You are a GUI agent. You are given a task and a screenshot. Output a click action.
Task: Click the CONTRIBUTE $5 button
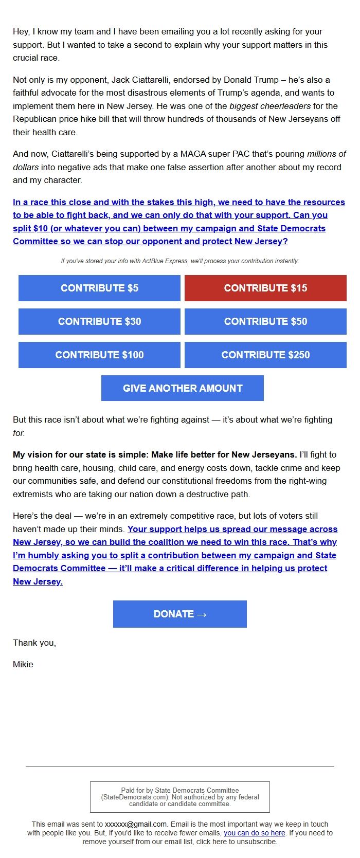(x=99, y=288)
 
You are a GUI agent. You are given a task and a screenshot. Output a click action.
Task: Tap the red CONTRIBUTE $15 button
(x=265, y=288)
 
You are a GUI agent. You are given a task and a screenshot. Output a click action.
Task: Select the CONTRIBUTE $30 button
(x=99, y=321)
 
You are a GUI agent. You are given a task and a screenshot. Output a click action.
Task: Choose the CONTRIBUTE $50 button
(x=265, y=321)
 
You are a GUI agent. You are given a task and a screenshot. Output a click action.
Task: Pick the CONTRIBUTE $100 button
(x=99, y=355)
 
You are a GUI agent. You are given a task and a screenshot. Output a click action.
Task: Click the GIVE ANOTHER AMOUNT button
(x=183, y=388)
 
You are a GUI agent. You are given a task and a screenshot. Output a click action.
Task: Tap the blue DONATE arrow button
(x=180, y=614)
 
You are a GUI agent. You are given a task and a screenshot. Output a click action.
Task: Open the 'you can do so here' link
(x=254, y=832)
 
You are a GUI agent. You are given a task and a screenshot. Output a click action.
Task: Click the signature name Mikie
(x=23, y=664)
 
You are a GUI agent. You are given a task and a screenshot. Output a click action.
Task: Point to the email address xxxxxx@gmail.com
(x=136, y=824)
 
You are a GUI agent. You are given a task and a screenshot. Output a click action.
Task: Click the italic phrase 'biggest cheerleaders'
(x=270, y=106)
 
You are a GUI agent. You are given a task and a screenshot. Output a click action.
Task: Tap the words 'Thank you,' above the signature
(x=34, y=643)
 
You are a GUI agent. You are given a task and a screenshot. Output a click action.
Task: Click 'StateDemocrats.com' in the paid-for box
(x=135, y=797)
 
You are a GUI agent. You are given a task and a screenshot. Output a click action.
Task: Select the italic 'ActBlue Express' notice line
(x=180, y=261)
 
